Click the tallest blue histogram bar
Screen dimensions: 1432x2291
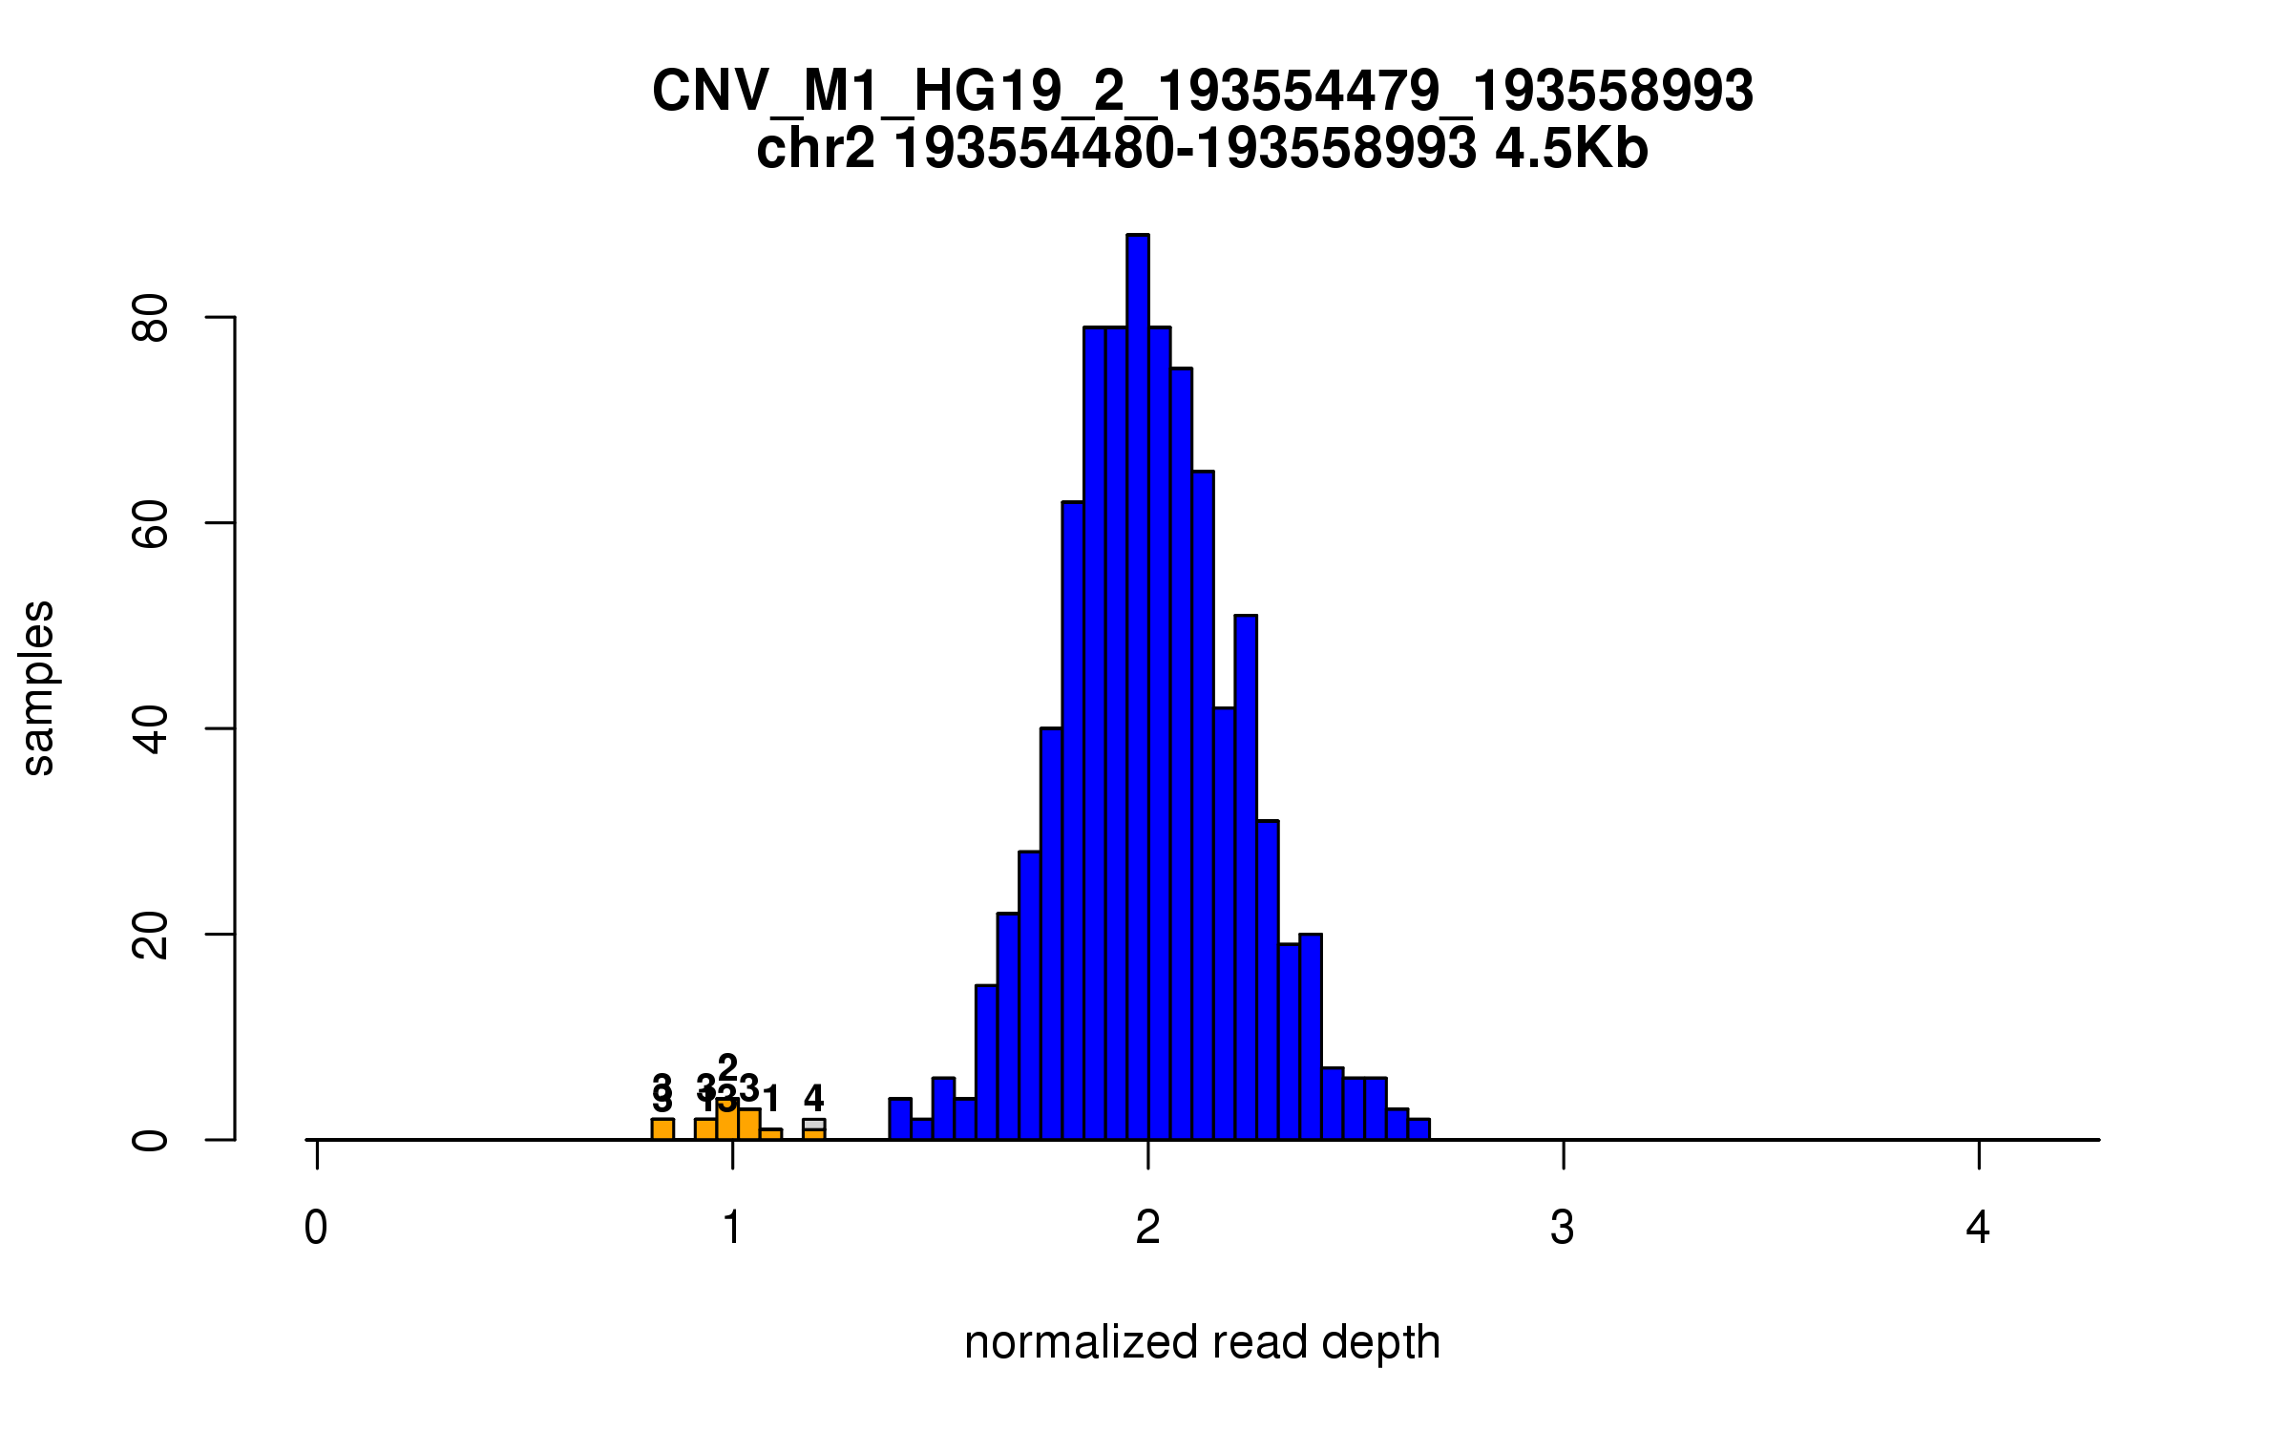tap(1137, 687)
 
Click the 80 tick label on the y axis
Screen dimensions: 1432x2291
tap(151, 318)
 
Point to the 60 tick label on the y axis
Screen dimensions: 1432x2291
tap(151, 523)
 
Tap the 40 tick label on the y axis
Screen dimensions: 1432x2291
tap(151, 729)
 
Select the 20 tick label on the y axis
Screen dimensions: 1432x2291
tap(151, 935)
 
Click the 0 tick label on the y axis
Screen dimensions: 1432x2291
tap(151, 1140)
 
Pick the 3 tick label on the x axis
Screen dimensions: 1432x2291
tap(1563, 1228)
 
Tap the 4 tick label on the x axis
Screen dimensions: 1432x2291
tap(1978, 1228)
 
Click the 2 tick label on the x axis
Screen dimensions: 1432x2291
tap(1147, 1228)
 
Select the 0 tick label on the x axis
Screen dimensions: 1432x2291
tap(316, 1228)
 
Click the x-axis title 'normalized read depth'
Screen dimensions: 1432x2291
tap(1202, 1342)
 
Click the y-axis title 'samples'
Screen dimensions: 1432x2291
tap(38, 687)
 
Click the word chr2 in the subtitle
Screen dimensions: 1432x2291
tap(814, 149)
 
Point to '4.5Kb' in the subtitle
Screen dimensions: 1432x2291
tap(1571, 149)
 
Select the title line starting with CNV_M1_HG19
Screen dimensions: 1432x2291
tap(1202, 92)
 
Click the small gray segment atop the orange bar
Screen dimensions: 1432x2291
tap(813, 1125)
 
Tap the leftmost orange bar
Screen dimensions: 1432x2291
tap(662, 1129)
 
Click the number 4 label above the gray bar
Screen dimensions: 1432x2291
tap(813, 1098)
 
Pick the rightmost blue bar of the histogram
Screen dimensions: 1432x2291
tap(1419, 1129)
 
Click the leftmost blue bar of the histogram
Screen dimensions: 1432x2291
tap(900, 1120)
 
